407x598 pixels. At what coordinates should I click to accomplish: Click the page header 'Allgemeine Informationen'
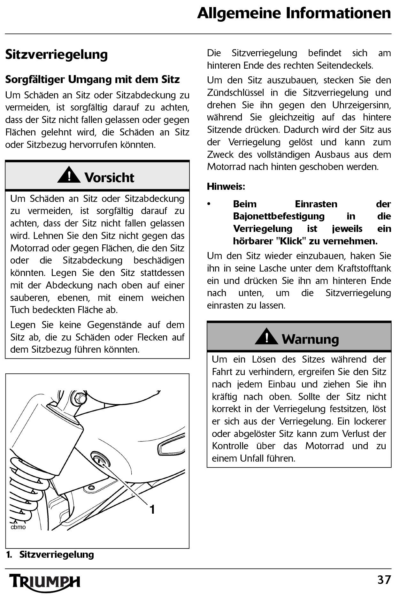[294, 14]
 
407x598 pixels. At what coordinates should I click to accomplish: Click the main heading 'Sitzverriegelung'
[56, 54]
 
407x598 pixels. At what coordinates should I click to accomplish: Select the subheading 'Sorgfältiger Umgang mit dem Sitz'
[92, 79]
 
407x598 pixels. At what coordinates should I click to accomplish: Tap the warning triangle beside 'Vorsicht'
[69, 175]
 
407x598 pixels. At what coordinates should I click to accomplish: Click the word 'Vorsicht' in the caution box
[109, 178]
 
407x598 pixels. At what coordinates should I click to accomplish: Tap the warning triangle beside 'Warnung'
[266, 337]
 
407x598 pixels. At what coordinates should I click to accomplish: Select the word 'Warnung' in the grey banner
[310, 339]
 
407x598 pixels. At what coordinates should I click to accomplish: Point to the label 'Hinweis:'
[226, 187]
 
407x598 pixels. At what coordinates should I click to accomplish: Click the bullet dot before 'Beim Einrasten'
[209, 204]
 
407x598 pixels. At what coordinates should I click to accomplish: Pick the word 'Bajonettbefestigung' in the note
[279, 216]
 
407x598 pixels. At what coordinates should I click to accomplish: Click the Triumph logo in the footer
[45, 582]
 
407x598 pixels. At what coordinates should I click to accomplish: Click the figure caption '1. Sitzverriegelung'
[50, 555]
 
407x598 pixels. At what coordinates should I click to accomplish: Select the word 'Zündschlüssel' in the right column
[235, 93]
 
